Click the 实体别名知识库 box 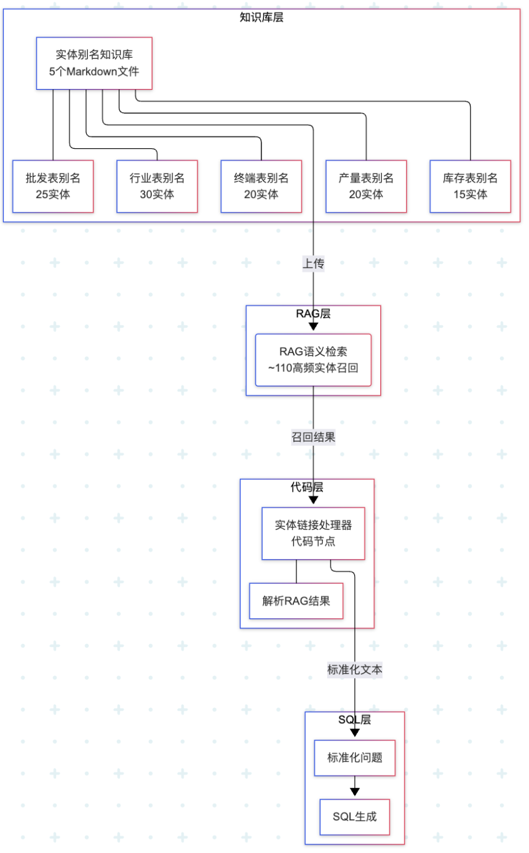point(94,63)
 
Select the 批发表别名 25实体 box point(53,186)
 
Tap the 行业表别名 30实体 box point(157,186)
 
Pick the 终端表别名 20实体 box point(261,186)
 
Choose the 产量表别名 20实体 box point(366,186)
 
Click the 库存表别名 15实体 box point(471,186)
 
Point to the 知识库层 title point(261,17)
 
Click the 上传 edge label point(313,264)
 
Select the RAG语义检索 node point(313,360)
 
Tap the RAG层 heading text point(313,314)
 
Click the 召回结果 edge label point(313,437)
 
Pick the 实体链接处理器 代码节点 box point(313,533)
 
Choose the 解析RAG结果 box point(296,601)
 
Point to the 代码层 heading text point(306,487)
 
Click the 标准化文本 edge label point(356,669)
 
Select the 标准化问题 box point(355,758)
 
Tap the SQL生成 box point(355,817)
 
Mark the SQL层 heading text point(355,720)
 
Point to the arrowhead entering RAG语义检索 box point(313,328)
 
